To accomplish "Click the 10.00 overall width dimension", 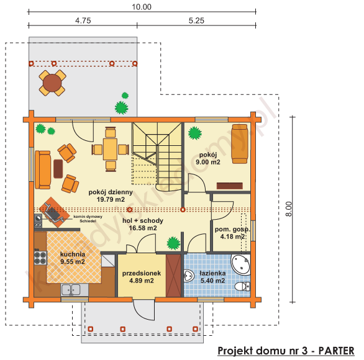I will [x=142, y=7].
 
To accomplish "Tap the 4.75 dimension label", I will [x=83, y=20].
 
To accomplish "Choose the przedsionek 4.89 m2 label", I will [x=142, y=276].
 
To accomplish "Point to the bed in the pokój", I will [x=240, y=143].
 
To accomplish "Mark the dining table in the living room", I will [x=111, y=148].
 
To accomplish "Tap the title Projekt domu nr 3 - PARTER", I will [x=286, y=351].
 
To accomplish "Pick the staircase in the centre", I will [x=156, y=155].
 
